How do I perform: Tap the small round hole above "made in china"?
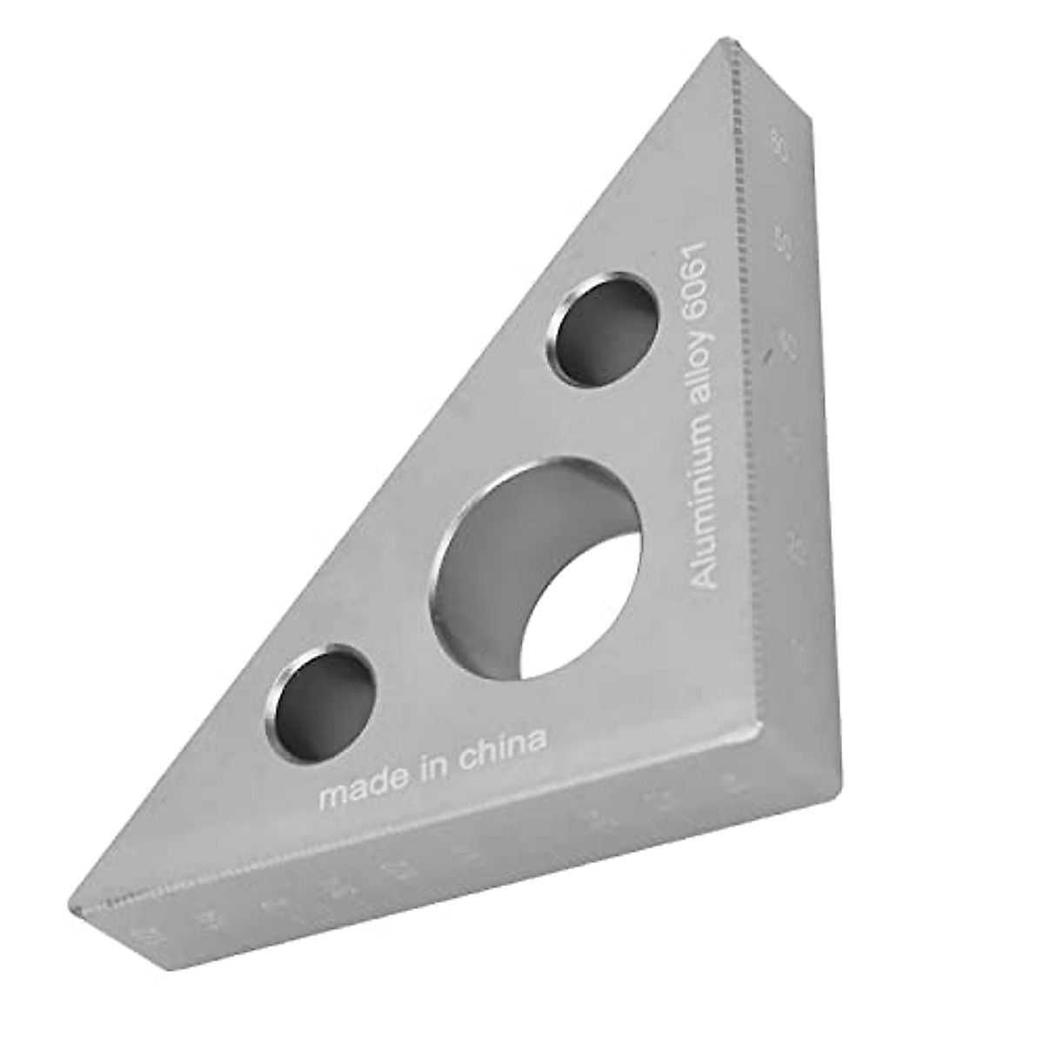pos(320,692)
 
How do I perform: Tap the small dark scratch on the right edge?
pos(766,355)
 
